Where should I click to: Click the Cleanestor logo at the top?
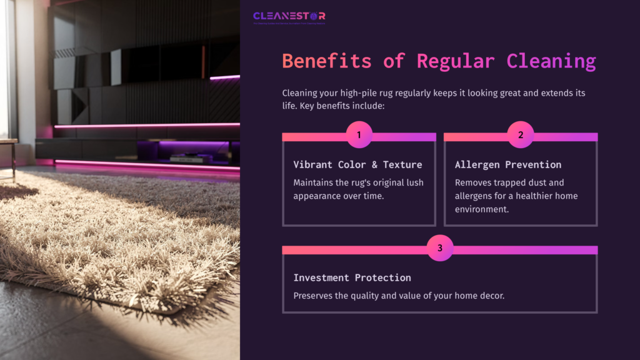[x=289, y=17]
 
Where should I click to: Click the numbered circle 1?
[x=359, y=134]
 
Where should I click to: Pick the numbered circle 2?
[x=521, y=134]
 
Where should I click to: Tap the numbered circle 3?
[x=440, y=248]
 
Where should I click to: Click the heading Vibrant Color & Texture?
[x=357, y=164]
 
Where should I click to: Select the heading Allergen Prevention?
[x=507, y=164]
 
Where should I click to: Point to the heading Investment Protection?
[x=352, y=277]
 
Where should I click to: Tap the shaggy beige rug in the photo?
[x=106, y=237]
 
